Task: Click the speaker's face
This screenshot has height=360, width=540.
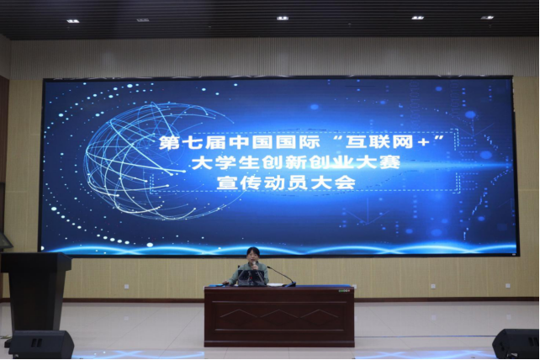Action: [252, 257]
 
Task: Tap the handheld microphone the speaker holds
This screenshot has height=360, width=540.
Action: [254, 265]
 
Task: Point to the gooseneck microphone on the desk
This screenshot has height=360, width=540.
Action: [282, 276]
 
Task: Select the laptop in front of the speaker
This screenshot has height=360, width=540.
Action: [251, 278]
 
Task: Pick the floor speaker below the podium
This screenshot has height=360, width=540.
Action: [41, 344]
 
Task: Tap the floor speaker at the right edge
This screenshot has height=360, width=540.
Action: [516, 343]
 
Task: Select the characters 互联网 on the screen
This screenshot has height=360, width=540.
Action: [380, 142]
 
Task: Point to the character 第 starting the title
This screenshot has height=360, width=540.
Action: [170, 143]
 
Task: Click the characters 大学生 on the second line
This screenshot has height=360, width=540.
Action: [225, 162]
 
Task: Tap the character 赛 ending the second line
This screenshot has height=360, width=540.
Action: [389, 162]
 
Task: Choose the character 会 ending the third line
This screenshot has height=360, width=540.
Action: [345, 183]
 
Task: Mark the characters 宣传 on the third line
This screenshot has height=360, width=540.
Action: [238, 183]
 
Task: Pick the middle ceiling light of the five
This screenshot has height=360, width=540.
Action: [282, 18]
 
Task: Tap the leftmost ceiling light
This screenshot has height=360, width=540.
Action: [73, 21]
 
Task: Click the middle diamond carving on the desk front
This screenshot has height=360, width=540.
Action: [279, 314]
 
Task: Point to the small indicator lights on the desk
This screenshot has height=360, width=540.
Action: [344, 291]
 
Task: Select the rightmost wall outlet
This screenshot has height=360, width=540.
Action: [508, 286]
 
